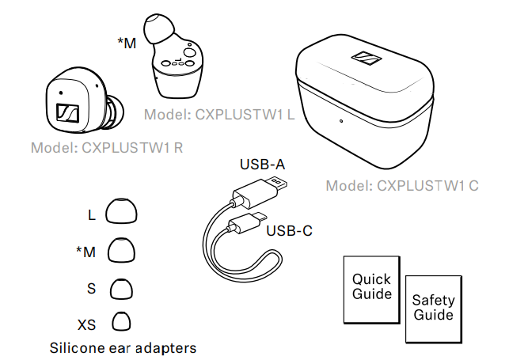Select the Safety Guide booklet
(433, 308)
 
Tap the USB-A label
(262, 165)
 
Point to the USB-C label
(289, 231)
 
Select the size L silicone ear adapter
(121, 213)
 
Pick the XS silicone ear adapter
(121, 322)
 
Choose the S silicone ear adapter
(121, 288)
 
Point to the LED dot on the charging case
(340, 121)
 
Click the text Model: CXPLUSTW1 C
(402, 186)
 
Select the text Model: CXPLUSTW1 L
(219, 115)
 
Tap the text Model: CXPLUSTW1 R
(107, 147)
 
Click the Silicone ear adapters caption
(123, 347)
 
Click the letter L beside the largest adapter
(92, 214)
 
